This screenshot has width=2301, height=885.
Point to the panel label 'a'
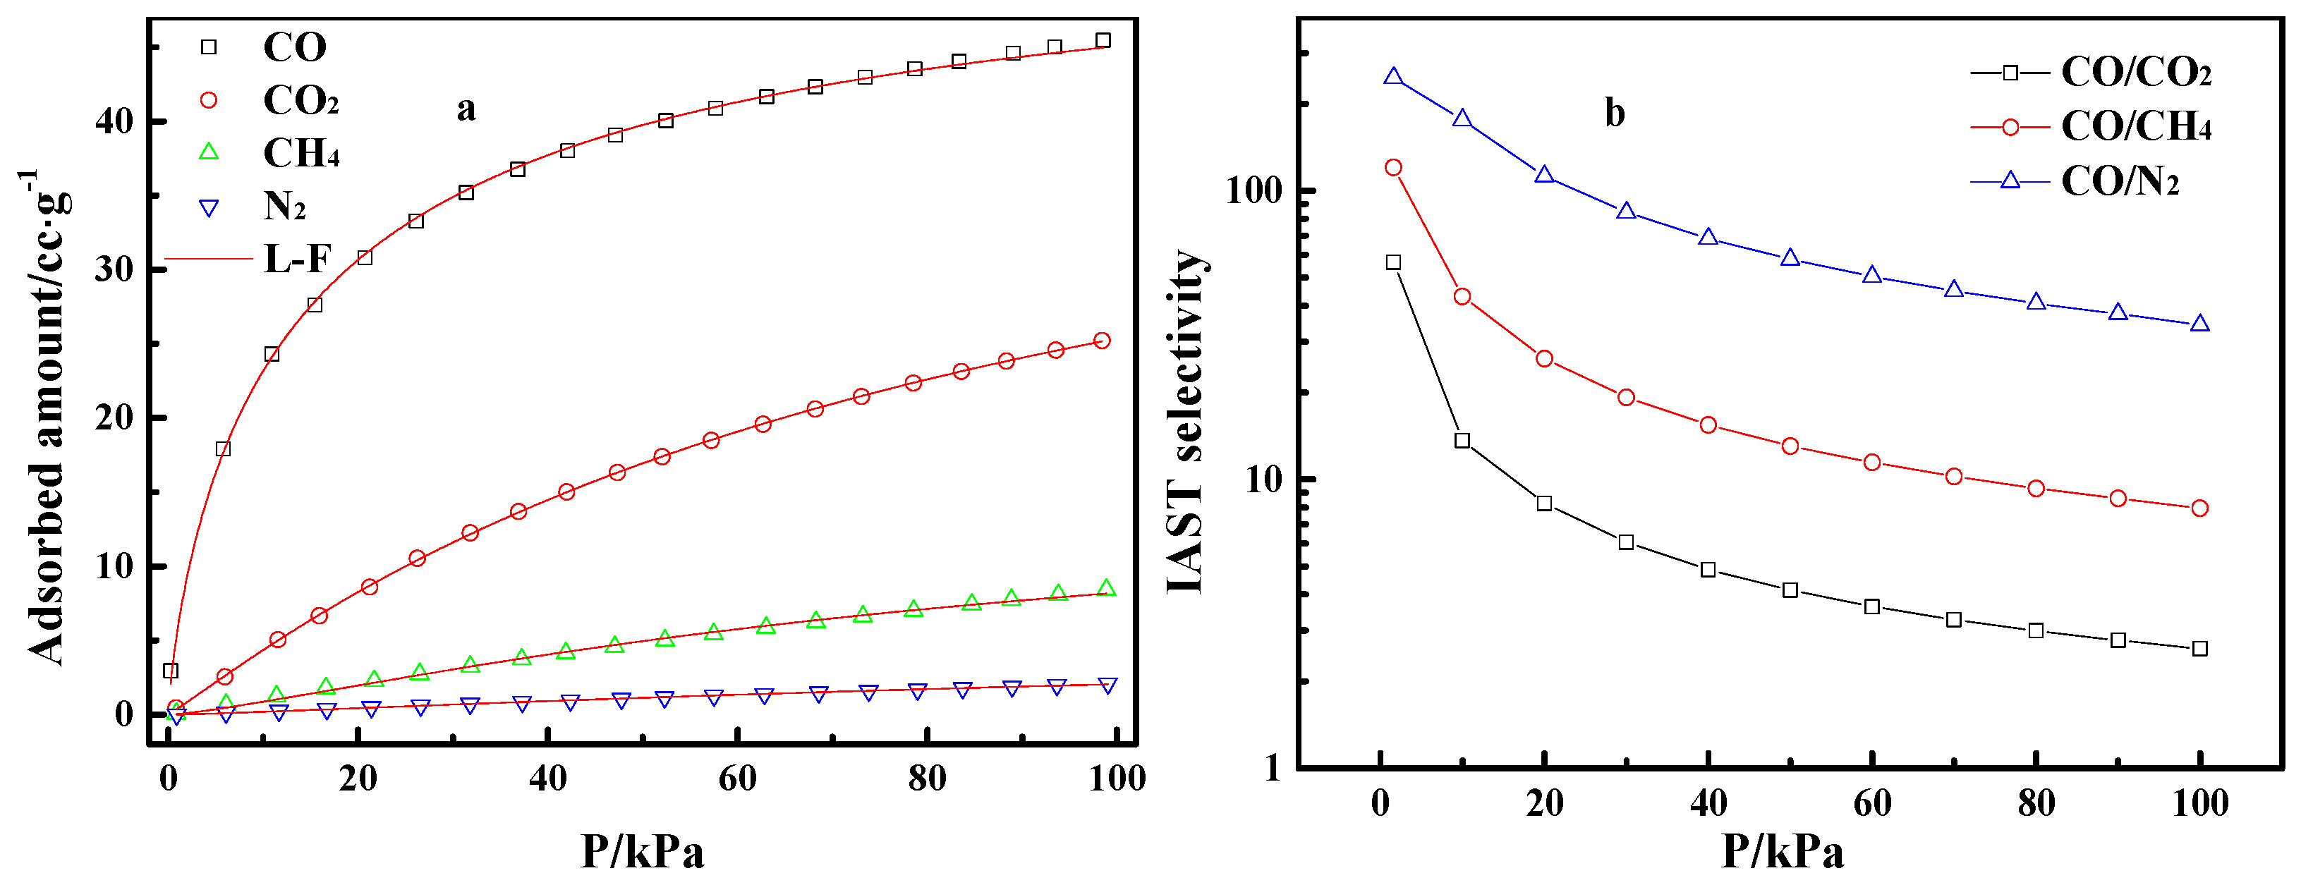click(466, 109)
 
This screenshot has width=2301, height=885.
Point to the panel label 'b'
click(1614, 114)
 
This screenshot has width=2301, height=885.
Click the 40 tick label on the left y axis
click(114, 121)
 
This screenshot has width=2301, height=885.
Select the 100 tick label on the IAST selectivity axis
click(1255, 190)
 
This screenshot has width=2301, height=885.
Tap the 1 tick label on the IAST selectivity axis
click(1273, 767)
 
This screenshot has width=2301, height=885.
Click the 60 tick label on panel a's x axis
click(737, 779)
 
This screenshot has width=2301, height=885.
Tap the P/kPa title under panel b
click(1782, 850)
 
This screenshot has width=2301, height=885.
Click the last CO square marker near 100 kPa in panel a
click(1103, 40)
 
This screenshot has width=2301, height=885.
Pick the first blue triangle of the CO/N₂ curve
click(1392, 77)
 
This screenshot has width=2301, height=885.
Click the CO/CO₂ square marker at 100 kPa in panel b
click(2200, 648)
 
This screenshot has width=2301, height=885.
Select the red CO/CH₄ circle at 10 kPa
click(1462, 296)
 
